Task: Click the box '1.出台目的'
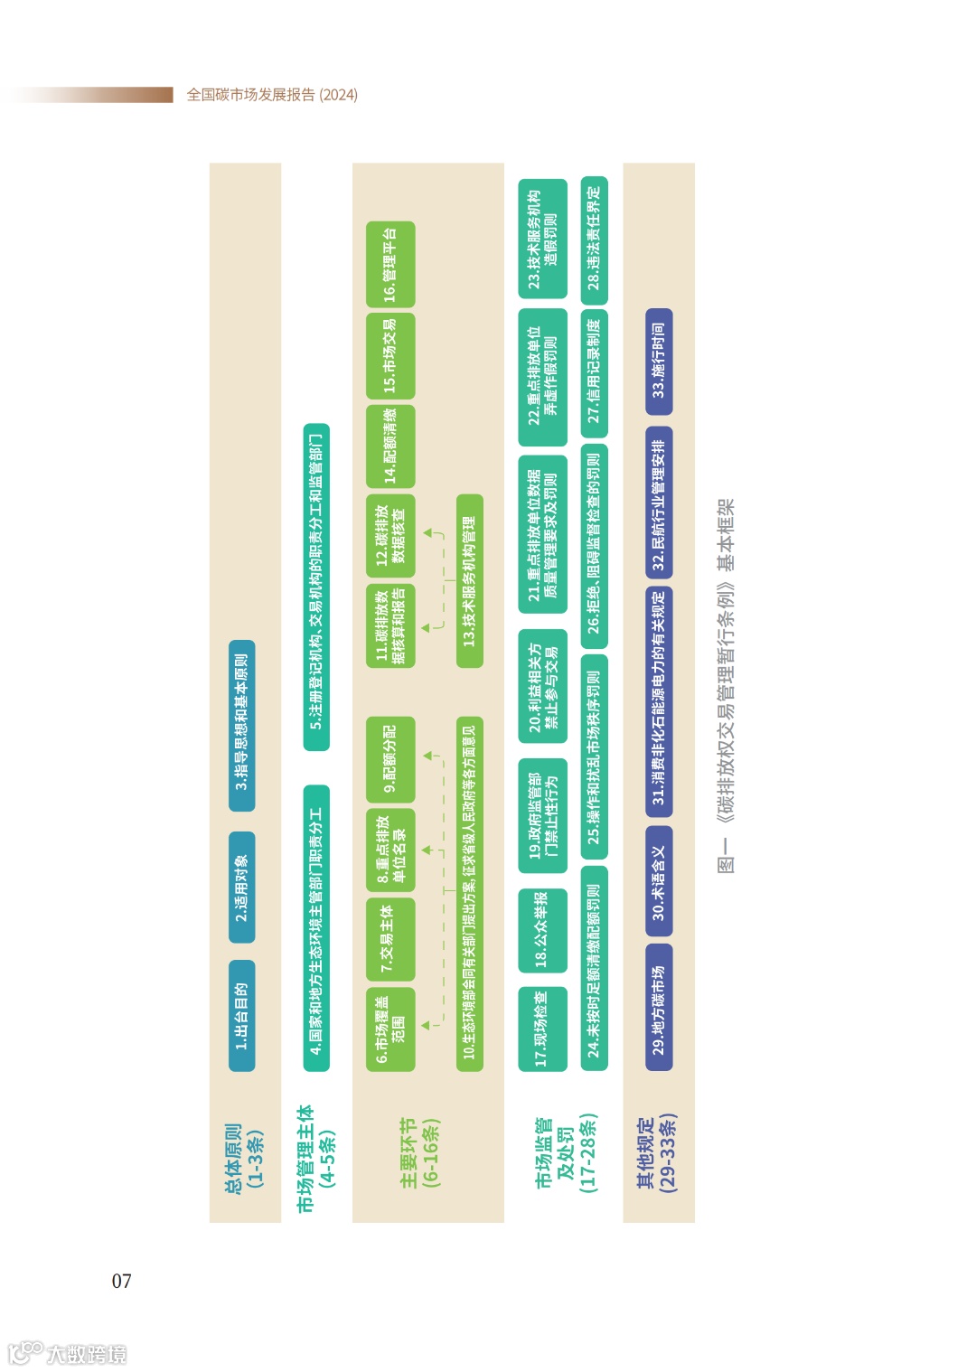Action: click(241, 1014)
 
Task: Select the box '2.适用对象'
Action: click(241, 887)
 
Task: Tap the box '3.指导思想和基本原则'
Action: click(241, 720)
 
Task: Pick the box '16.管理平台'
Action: click(389, 264)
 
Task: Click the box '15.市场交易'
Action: click(389, 355)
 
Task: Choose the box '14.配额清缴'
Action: click(389, 446)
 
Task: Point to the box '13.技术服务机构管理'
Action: click(469, 581)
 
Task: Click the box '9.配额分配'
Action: click(389, 759)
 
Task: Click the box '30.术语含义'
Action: click(659, 883)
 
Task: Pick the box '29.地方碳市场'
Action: click(659, 1007)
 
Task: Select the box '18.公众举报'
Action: click(542, 931)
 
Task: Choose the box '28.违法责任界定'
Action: click(594, 240)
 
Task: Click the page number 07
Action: click(121, 1281)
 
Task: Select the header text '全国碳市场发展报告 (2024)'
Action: click(272, 95)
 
